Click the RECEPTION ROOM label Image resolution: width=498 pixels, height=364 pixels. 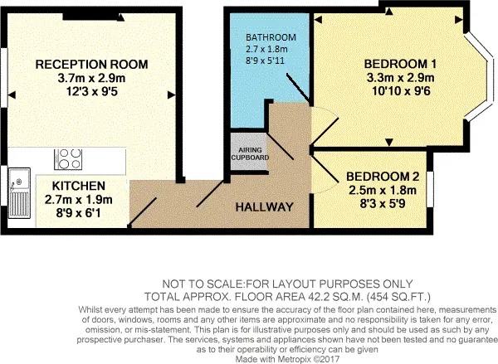[91, 65]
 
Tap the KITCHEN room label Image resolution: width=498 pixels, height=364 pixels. [79, 186]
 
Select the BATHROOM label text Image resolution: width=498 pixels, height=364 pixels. [271, 37]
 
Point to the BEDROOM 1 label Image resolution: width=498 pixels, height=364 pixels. [400, 64]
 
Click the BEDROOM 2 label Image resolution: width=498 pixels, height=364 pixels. [383, 177]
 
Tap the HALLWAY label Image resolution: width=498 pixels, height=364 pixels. [264, 207]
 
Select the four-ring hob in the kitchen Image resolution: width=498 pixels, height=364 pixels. [68, 159]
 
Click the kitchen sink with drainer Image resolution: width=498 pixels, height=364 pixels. [19, 193]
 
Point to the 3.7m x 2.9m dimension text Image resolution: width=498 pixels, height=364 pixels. [91, 78]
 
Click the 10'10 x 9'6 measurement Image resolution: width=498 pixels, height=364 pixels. [401, 91]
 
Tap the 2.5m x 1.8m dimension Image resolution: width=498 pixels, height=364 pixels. [383, 190]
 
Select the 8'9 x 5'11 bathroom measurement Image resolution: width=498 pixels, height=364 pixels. [265, 61]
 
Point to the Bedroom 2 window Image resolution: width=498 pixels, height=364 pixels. [430, 189]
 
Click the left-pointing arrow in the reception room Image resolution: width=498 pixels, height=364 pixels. [12, 95]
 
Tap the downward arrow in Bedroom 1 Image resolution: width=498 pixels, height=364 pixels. [389, 143]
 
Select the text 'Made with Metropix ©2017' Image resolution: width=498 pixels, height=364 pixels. [287, 359]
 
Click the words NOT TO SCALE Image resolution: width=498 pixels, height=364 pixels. [203, 284]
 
